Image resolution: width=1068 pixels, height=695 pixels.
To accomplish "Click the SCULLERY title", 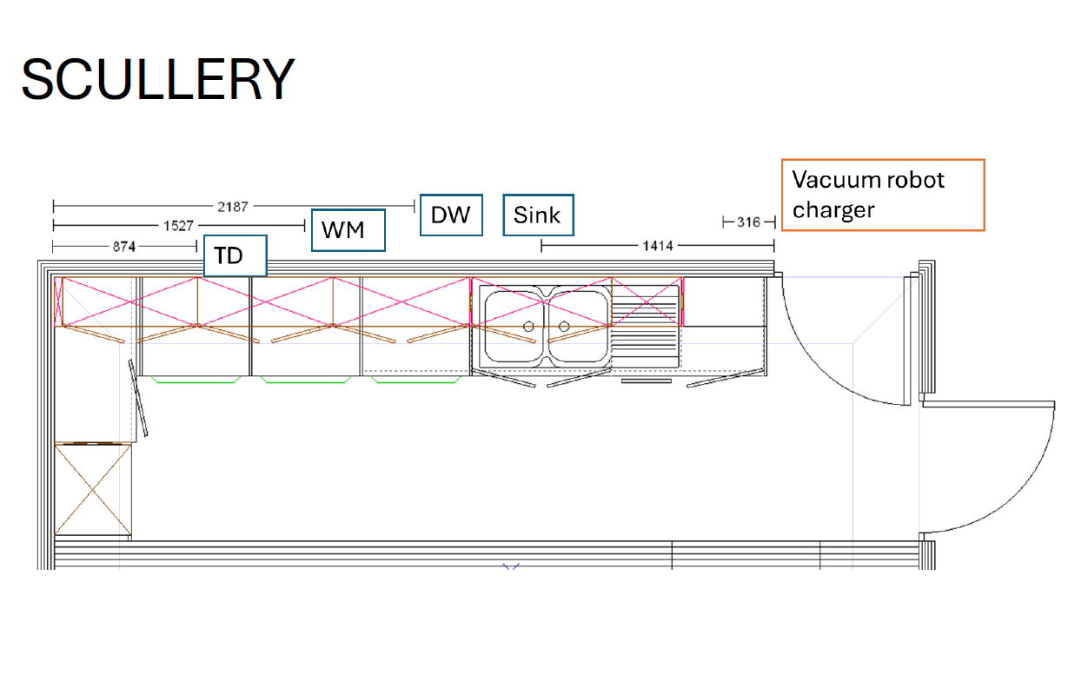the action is [x=158, y=79].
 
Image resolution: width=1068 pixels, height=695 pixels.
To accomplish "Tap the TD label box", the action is [x=235, y=256].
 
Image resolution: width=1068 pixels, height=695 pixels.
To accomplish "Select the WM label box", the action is [x=348, y=230].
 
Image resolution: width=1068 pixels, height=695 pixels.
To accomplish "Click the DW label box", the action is [x=451, y=215].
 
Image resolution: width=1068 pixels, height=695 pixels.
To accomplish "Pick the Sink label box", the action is [x=538, y=215].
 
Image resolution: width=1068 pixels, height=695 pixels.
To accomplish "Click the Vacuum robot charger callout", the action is [x=883, y=195].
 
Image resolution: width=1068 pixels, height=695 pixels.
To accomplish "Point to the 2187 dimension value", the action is [x=233, y=207].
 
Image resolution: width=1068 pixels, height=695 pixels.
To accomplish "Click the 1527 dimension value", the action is [x=178, y=226].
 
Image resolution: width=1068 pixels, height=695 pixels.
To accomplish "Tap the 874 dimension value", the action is [x=124, y=247].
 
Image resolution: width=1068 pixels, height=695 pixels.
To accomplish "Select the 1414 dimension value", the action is [x=658, y=246].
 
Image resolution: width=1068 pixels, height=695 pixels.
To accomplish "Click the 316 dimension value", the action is [x=748, y=222].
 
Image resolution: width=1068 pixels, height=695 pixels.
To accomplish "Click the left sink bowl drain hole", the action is [x=528, y=327].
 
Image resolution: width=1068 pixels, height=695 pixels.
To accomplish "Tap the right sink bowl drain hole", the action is [x=564, y=327].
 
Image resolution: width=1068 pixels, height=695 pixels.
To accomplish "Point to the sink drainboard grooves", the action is [x=645, y=327].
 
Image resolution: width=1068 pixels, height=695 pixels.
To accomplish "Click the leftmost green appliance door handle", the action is [x=196, y=380].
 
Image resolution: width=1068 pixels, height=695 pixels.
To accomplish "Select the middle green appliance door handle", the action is [x=306, y=380].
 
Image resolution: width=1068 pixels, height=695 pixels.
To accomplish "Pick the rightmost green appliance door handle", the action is [x=416, y=380].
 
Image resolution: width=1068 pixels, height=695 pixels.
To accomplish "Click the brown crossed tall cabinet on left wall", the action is [x=93, y=489].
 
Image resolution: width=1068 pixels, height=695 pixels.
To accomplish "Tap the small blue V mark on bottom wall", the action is [x=511, y=566].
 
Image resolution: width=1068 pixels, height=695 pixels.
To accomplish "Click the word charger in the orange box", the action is [x=833, y=210].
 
